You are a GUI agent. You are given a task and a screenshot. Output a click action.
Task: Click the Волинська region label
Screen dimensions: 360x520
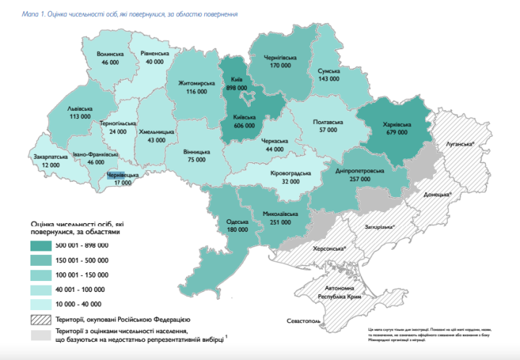[110, 54]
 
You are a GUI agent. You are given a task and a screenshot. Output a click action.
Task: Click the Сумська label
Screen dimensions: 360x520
[330, 71]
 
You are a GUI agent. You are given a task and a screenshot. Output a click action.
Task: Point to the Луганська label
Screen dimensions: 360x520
[461, 144]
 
